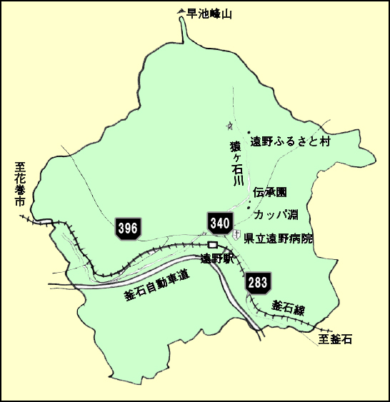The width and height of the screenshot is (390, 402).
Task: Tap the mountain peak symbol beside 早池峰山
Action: tap(181, 12)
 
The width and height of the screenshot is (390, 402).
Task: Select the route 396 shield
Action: tap(127, 228)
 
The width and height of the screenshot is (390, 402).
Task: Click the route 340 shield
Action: tap(220, 223)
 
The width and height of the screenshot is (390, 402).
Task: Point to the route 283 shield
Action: tap(258, 283)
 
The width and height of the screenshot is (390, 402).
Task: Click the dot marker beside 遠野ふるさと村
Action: tap(248, 133)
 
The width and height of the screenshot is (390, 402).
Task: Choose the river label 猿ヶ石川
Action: tap(236, 164)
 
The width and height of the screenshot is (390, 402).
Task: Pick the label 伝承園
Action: tap(269, 193)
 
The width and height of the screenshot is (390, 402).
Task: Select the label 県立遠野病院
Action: tap(278, 238)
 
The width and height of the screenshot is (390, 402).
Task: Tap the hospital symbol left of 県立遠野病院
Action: tap(236, 235)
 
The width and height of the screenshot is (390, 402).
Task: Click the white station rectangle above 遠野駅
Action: tap(212, 245)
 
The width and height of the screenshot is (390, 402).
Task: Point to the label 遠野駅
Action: tap(217, 258)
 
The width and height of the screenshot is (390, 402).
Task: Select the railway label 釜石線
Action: tap(288, 309)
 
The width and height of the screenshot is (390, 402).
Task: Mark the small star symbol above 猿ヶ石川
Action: tap(229, 125)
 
